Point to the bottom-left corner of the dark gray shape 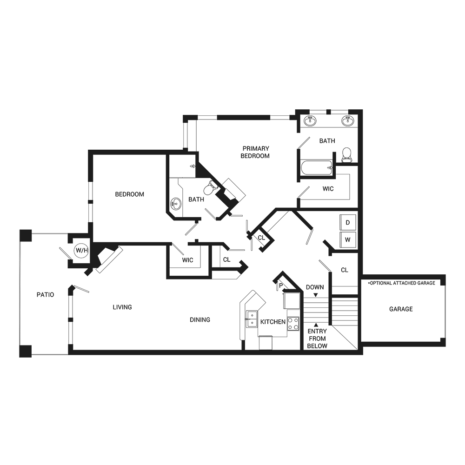[x=20, y=357]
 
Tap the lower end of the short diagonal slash [x=157, y=317]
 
